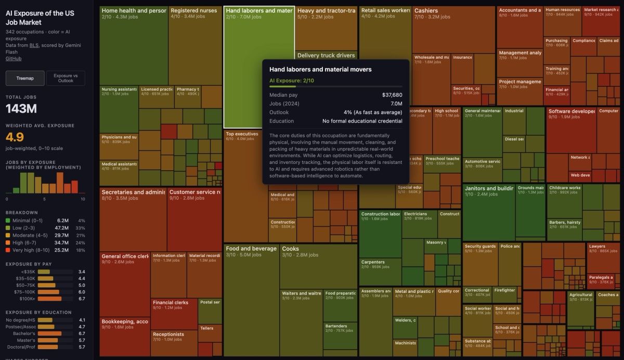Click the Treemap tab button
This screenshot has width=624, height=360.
click(25, 78)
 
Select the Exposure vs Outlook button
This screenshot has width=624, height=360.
click(66, 78)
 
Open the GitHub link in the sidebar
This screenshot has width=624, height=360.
click(14, 59)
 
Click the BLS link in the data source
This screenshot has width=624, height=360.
click(34, 52)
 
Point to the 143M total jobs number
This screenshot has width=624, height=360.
click(21, 109)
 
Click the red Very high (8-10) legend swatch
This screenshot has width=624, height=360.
click(8, 250)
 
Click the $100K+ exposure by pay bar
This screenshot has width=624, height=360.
click(49, 299)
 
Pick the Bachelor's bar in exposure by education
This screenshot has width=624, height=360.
click(49, 333)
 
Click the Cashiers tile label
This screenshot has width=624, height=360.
click(426, 10)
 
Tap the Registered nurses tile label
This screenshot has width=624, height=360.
click(194, 10)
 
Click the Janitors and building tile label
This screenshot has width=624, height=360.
click(488, 188)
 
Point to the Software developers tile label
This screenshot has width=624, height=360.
click(571, 111)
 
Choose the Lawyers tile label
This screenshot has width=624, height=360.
click(597, 246)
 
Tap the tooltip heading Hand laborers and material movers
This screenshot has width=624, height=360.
click(320, 69)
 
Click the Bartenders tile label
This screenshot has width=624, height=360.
click(336, 326)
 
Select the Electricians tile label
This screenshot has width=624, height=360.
click(415, 214)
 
